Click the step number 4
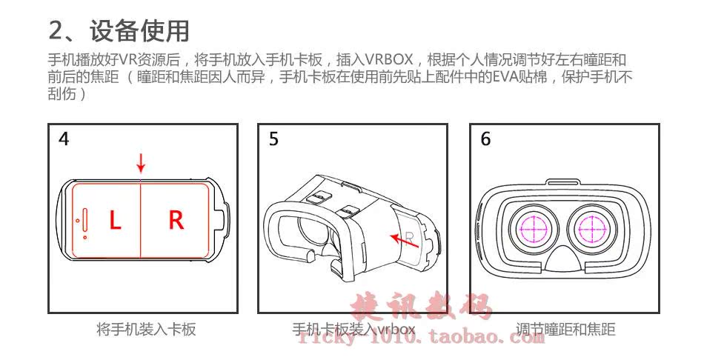[x=64, y=139]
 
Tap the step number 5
[x=274, y=139]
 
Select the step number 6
[x=485, y=139]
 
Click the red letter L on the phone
[x=115, y=220]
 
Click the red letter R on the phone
[x=176, y=220]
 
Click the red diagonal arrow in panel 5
[x=404, y=238]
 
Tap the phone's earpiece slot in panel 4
[x=82, y=220]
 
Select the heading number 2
[x=58, y=31]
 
